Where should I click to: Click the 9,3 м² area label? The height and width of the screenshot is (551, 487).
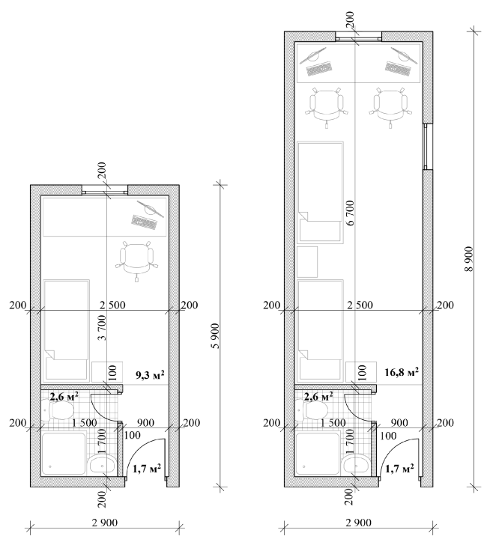tap(150, 375)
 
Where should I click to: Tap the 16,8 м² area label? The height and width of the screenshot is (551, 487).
tap(401, 372)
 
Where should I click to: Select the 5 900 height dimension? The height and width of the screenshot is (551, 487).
tap(216, 336)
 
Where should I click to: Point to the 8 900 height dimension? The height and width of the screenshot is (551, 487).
tap(470, 259)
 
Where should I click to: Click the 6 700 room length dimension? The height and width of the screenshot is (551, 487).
tap(350, 213)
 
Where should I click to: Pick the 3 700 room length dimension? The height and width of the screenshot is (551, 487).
tap(101, 328)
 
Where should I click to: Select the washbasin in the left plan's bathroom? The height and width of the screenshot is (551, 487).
tap(102, 465)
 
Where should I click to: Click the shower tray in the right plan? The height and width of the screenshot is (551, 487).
tap(318, 454)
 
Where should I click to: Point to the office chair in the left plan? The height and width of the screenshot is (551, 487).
tap(136, 261)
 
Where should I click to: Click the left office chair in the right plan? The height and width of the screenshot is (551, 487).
tap(327, 107)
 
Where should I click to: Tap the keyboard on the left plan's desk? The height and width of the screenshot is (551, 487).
tap(143, 222)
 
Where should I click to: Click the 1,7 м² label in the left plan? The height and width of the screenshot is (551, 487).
tap(147, 469)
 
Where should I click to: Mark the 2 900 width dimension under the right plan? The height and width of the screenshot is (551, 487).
tap(359, 523)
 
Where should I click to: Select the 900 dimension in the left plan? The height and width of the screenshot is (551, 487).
tap(145, 422)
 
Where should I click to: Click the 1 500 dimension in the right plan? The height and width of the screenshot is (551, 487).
tap(333, 422)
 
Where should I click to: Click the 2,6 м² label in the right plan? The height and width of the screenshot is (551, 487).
tap(318, 397)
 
